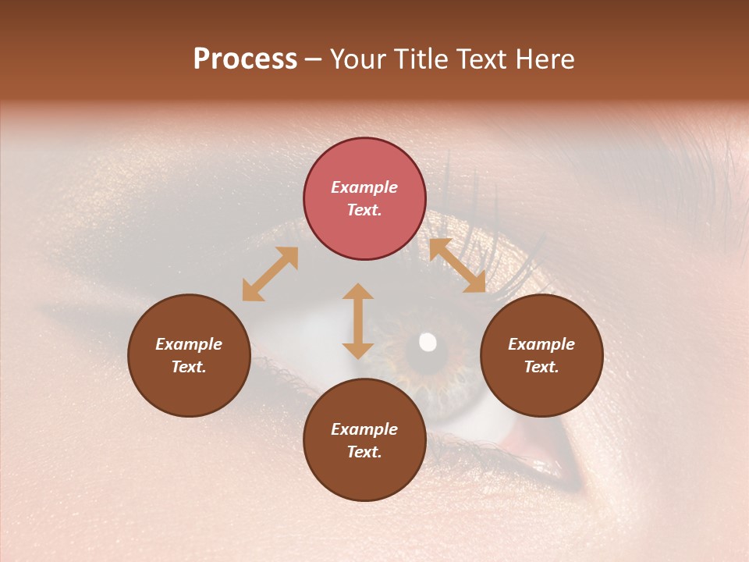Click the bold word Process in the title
coord(245,59)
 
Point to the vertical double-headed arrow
coord(358,321)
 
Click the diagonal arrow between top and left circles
coord(270,274)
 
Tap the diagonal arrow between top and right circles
coord(457,265)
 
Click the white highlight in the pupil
coord(428,342)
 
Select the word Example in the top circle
coord(364,187)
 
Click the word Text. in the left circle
coord(189,367)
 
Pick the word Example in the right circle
coord(541,344)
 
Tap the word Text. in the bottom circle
coord(364,452)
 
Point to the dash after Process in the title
coord(314,59)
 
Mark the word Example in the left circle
coord(189,344)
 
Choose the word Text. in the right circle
coord(541,367)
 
